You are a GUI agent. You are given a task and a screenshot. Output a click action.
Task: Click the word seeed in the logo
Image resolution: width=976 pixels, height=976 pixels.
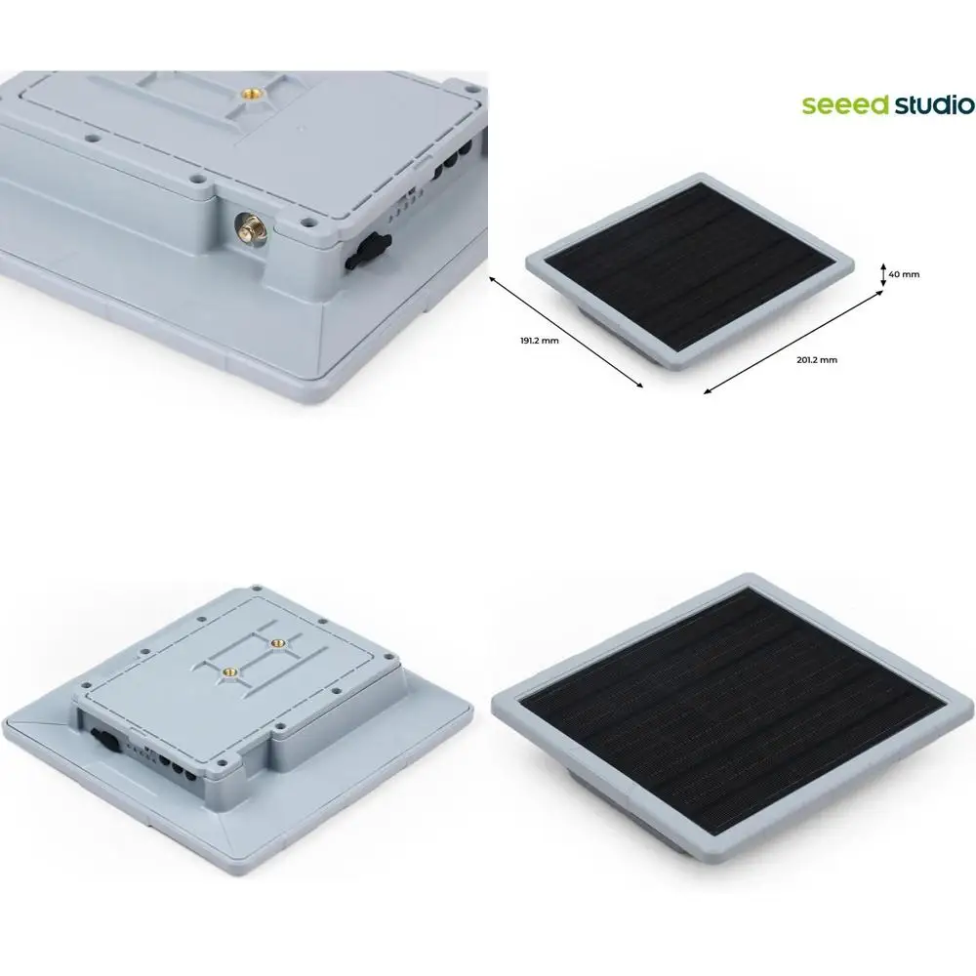coord(845,105)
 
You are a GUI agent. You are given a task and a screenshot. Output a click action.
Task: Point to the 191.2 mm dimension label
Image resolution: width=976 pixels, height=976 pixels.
coord(540,341)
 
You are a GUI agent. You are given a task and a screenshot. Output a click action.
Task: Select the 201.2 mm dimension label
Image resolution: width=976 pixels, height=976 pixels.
coord(817,360)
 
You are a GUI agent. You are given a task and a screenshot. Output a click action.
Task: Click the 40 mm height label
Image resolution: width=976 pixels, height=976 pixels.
coord(904,274)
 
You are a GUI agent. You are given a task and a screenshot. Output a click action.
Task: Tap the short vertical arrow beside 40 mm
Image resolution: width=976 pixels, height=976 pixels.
coord(882,275)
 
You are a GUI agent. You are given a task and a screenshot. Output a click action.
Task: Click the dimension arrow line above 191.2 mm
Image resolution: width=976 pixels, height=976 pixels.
coord(566,333)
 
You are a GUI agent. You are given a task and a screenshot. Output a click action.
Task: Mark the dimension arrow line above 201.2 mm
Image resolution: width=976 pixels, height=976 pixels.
coord(793,342)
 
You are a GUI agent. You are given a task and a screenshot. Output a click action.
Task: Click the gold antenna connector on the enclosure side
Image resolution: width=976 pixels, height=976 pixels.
coord(251,228)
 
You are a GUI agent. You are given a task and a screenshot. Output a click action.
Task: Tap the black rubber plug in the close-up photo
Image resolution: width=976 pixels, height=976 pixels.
coord(366,250)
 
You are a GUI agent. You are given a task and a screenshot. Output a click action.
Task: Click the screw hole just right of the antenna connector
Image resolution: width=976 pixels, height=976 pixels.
coord(305,221)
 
